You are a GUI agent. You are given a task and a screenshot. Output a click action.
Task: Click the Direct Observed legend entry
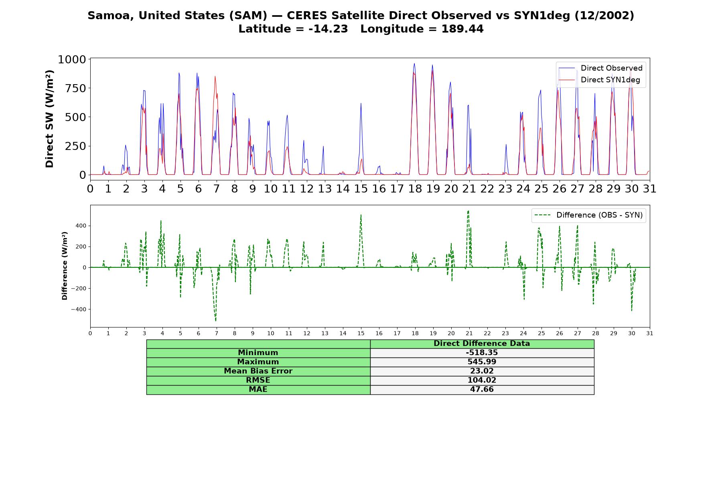(600, 68)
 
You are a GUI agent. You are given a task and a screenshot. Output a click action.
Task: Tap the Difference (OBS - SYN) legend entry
(588, 215)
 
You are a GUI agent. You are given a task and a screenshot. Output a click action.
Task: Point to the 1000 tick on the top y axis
(72, 60)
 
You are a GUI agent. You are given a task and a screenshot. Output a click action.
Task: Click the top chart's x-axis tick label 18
(415, 188)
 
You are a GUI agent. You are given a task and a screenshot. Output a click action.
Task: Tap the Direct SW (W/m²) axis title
(49, 119)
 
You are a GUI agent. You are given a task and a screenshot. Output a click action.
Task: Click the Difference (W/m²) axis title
(65, 266)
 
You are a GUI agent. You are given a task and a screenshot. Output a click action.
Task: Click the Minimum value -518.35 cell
(482, 353)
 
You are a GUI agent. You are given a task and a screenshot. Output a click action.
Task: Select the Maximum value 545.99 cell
(482, 362)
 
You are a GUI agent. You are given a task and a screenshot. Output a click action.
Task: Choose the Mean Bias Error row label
(258, 371)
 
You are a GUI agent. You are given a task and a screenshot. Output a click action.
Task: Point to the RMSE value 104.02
(482, 380)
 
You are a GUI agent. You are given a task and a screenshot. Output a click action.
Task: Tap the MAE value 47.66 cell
(482, 390)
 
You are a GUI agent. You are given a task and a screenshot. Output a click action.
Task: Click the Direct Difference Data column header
(482, 344)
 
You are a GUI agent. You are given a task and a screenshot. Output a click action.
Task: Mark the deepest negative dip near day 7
(216, 321)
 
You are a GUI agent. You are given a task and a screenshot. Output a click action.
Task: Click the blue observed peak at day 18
(414, 63)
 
